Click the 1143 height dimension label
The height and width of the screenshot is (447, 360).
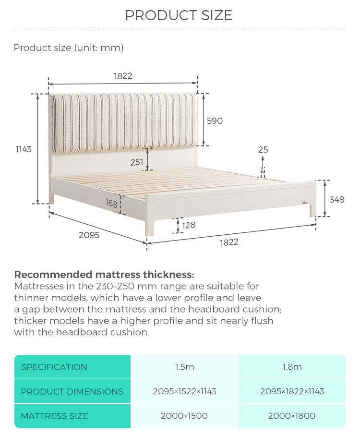coord(24,149)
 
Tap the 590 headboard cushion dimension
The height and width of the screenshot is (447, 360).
coord(215,121)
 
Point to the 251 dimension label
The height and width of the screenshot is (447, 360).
coord(137,162)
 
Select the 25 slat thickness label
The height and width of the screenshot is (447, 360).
coord(263,150)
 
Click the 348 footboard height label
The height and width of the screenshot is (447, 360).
coord(337,200)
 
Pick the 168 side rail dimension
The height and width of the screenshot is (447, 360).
coord(111,203)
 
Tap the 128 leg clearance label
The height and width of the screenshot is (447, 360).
coord(189,225)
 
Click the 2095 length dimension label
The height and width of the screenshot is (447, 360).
coord(89,235)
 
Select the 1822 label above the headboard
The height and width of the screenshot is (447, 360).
coord(123,76)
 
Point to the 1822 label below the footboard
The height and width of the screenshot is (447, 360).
coord(229,242)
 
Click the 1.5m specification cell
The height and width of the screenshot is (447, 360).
coord(185,367)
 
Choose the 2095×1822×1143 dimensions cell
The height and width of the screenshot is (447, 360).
coord(292,391)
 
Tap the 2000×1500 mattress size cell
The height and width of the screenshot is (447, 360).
coord(185,416)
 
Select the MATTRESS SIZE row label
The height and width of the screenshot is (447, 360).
coord(54,416)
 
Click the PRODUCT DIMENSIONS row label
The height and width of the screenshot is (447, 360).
coord(72,392)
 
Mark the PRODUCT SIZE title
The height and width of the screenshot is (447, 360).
coord(179,15)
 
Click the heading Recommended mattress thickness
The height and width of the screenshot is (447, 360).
coord(104,275)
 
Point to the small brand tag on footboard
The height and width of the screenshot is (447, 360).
coord(305,203)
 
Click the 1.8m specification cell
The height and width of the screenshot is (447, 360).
coord(292,367)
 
